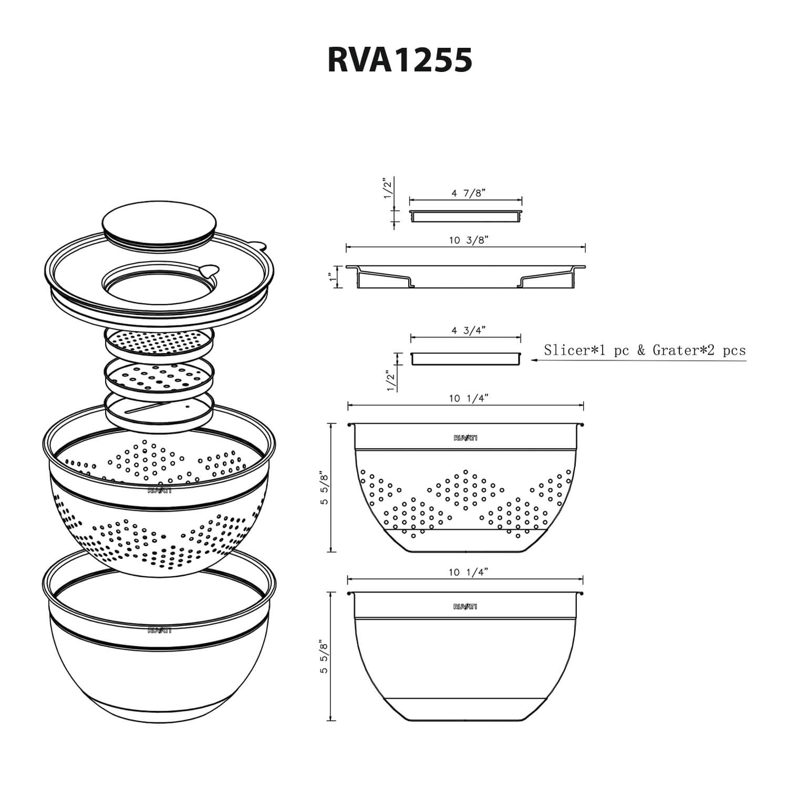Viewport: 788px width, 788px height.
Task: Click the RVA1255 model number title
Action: coord(399,60)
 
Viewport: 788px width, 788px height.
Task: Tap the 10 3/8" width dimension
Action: coord(469,241)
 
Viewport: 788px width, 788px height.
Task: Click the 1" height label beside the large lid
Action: coord(330,276)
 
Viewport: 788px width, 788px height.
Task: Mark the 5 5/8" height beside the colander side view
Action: coord(325,489)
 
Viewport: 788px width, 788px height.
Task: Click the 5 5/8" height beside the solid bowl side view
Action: coord(325,657)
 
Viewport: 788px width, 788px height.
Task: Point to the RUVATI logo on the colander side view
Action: coord(465,438)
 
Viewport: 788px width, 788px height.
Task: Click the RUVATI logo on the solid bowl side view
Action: coord(465,607)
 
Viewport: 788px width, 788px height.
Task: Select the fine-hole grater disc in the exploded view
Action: coord(159,342)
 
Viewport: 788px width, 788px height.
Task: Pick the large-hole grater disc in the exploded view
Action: coord(159,376)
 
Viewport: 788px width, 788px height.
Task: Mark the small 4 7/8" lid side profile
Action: coord(465,215)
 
